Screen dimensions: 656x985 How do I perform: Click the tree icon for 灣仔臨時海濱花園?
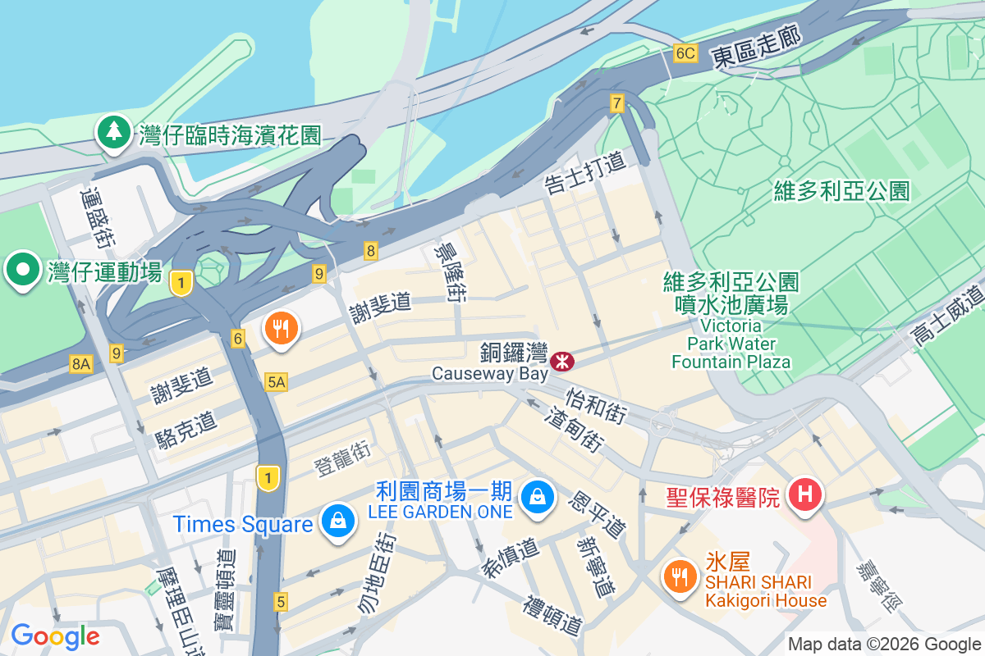114,132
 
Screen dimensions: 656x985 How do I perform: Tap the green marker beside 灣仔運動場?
22,269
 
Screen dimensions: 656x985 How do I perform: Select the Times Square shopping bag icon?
337,521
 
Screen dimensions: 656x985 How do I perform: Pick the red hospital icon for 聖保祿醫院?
804,494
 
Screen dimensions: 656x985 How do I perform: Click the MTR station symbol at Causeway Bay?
562,361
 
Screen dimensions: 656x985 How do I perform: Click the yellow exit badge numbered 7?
617,103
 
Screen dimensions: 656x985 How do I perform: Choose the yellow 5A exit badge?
277,381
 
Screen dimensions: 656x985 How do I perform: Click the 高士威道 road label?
948,315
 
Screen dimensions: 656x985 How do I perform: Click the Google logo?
55,636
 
